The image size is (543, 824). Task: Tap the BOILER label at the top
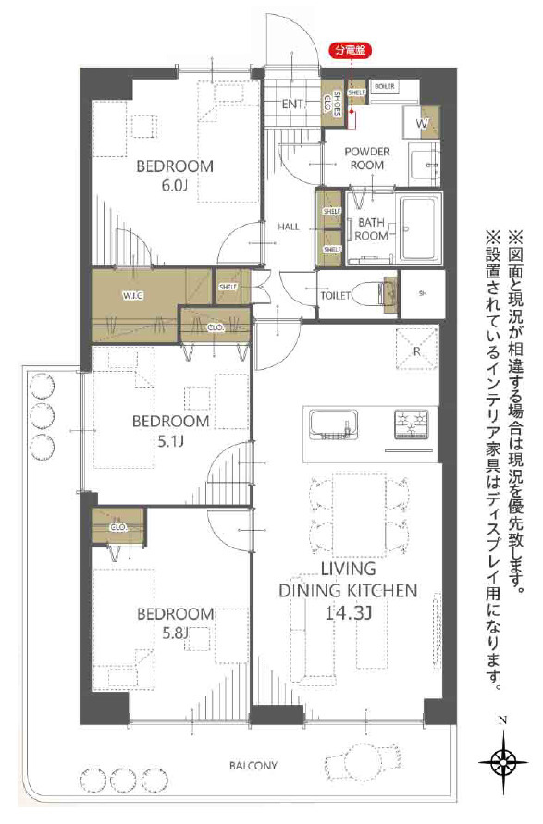pyautogui.click(x=386, y=86)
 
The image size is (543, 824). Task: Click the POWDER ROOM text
pyautogui.click(x=367, y=158)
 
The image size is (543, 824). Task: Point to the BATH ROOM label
pyautogui.click(x=372, y=228)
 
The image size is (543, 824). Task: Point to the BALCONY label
pyautogui.click(x=253, y=766)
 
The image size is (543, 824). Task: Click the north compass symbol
pyautogui.click(x=502, y=760)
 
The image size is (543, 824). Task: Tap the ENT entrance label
pyautogui.click(x=293, y=104)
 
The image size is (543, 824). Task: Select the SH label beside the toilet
pyautogui.click(x=423, y=294)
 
